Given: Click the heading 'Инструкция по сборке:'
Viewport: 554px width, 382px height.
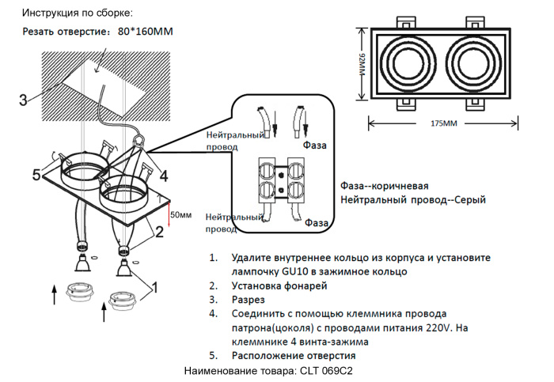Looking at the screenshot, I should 78,13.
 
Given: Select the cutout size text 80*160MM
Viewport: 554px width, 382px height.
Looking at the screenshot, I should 145,32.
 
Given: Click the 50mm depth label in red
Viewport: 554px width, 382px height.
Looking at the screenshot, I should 181,214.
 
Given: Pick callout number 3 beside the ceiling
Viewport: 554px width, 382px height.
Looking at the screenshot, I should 23,100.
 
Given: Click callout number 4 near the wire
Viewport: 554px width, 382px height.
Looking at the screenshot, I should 163,176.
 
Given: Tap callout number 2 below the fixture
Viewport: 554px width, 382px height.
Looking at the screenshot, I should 159,232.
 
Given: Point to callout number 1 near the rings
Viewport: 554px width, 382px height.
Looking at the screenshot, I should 155,286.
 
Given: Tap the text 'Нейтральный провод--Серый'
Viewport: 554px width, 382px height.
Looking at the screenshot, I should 412,201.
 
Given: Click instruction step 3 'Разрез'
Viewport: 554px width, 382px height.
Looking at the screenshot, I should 249,300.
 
